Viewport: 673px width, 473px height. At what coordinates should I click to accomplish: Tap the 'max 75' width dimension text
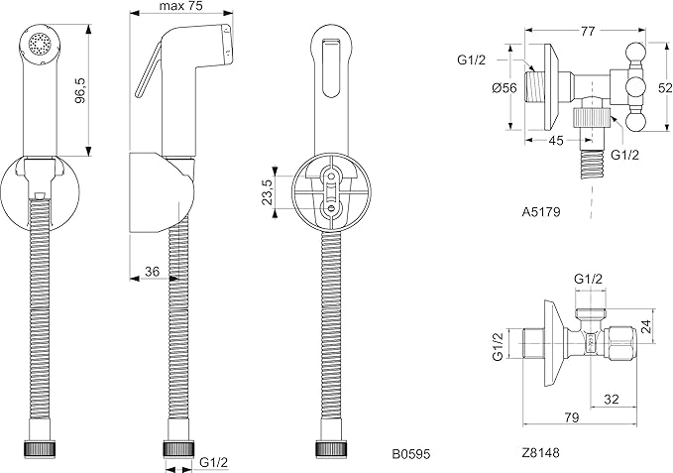(181, 6)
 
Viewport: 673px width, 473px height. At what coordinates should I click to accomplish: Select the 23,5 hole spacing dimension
(266, 191)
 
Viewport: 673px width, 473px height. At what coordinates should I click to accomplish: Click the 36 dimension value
(152, 272)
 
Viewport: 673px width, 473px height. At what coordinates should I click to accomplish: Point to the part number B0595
(410, 453)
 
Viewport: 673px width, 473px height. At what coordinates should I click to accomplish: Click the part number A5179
(541, 211)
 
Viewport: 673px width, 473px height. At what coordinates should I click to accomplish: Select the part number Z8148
(541, 452)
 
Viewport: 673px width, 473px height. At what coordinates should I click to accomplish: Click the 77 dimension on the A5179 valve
(588, 31)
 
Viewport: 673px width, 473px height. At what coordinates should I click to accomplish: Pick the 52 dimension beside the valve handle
(665, 87)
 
